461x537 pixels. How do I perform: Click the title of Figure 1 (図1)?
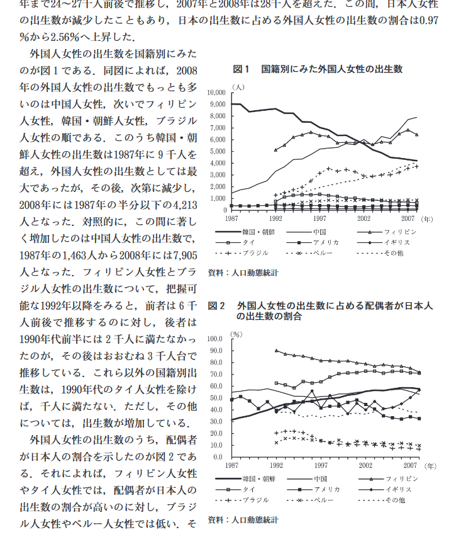(318, 69)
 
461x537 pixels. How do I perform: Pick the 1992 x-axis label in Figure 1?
(275, 218)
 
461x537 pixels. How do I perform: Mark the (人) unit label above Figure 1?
(238, 84)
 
